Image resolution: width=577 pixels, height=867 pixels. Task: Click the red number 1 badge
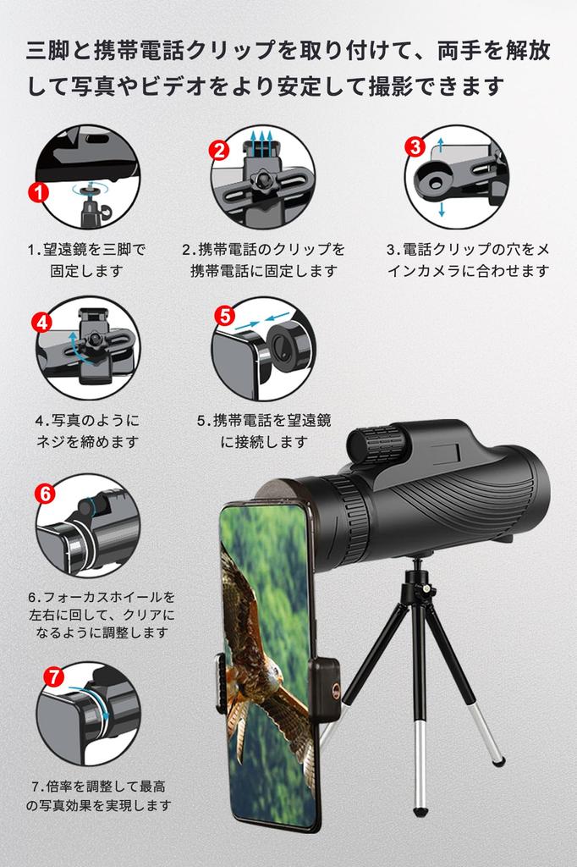39,192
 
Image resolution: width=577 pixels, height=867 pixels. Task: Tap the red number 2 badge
219,150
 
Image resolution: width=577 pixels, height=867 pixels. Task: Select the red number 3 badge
415,146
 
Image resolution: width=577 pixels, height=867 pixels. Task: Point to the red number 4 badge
42,323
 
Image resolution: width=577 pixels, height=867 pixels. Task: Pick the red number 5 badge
224,316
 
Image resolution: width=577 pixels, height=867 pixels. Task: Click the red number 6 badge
45,494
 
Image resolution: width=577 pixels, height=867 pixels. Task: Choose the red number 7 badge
53,676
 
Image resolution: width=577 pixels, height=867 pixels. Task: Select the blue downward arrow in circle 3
442,208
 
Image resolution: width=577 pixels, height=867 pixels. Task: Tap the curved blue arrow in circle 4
76,347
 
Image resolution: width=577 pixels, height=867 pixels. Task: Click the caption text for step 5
264,431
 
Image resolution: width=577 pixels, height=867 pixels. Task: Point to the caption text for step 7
99,796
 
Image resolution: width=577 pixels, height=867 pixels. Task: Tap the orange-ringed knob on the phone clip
336,689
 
